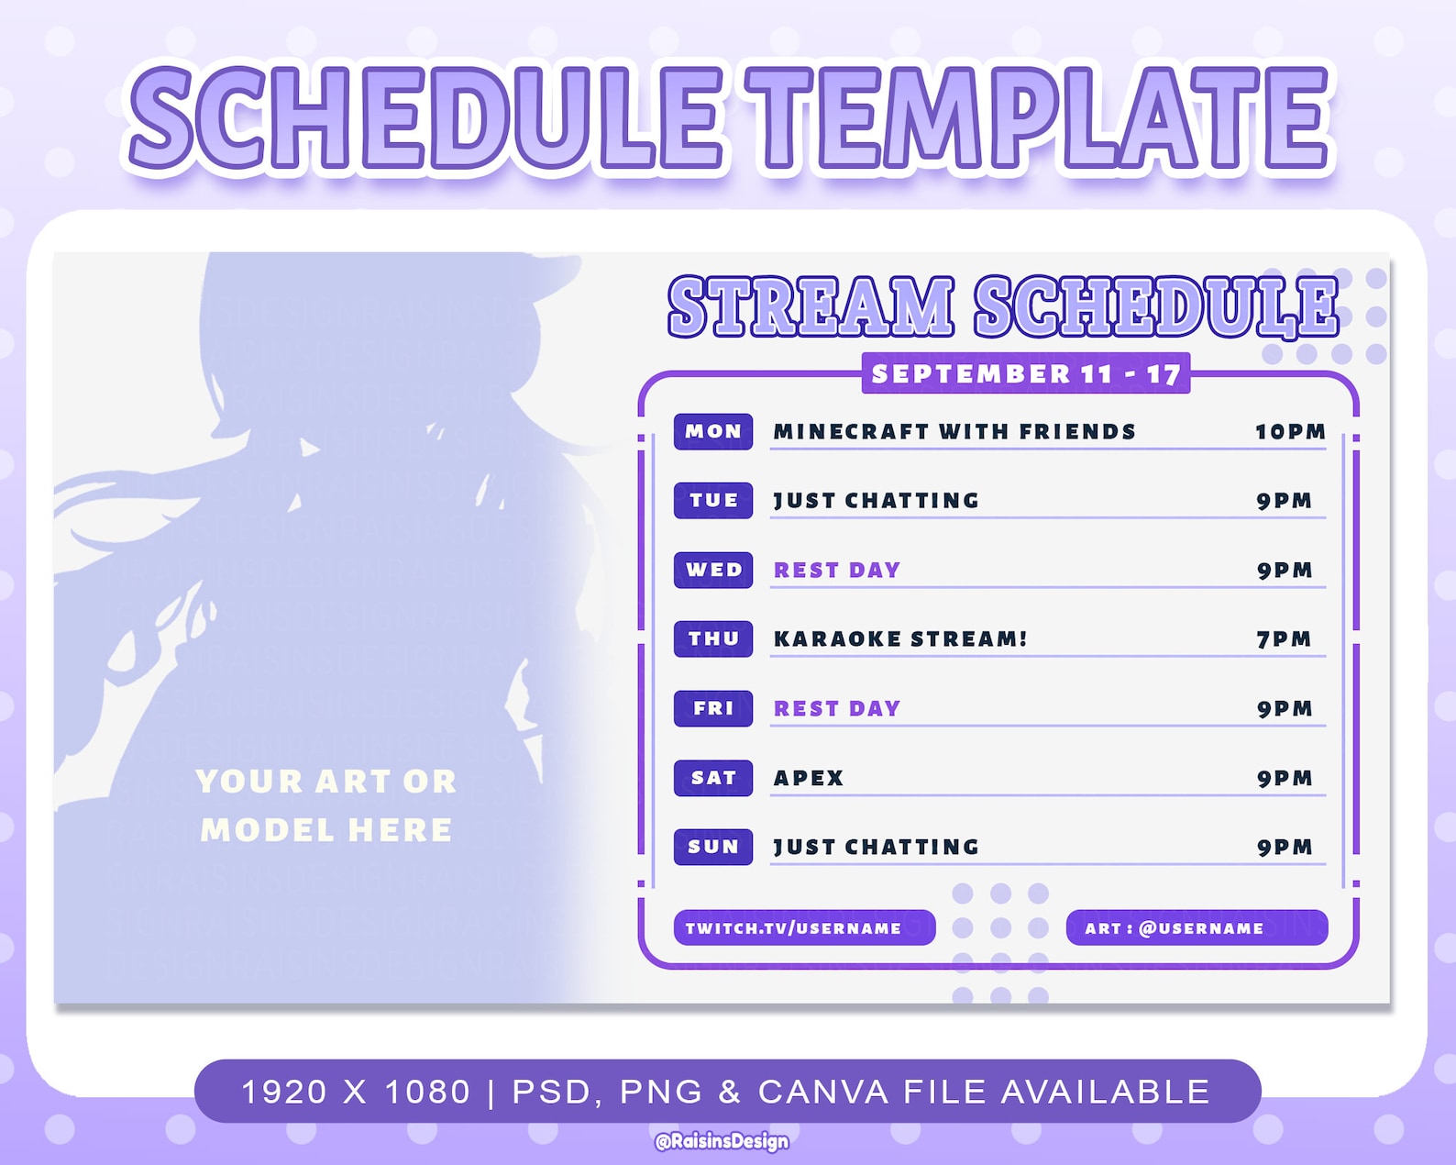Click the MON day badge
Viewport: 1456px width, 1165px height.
click(x=713, y=431)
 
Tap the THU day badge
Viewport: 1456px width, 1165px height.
click(x=713, y=638)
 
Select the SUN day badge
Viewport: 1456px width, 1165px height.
click(x=713, y=847)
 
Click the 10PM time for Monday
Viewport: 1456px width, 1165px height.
click(x=1290, y=432)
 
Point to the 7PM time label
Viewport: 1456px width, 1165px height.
click(x=1284, y=639)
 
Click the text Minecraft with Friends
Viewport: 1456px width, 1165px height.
click(x=954, y=432)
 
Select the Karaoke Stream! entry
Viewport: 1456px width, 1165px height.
click(x=900, y=639)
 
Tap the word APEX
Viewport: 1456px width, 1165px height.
click(x=809, y=778)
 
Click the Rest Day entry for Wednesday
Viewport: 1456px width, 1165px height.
click(x=837, y=571)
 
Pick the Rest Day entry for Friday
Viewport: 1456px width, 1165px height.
click(x=837, y=709)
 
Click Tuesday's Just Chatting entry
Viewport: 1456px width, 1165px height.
click(x=877, y=501)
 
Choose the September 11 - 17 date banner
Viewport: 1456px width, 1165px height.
click(x=1025, y=373)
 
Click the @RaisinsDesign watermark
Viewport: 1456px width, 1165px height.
click(x=722, y=1141)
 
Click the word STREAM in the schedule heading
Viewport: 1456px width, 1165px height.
click(x=811, y=306)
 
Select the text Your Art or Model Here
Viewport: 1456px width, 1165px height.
click(x=326, y=805)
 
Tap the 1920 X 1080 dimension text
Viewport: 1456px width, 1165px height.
click(x=356, y=1092)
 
